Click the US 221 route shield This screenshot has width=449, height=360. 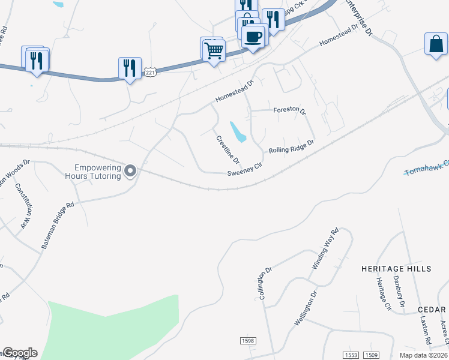coord(150,72)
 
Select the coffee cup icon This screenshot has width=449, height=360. coord(253,37)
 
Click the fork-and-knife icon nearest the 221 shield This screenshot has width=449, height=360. coord(130,68)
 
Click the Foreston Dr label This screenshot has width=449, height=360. coord(289,110)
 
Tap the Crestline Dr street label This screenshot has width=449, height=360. coord(228,150)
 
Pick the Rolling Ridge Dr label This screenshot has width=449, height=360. coord(291,147)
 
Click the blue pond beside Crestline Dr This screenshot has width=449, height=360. coord(238,133)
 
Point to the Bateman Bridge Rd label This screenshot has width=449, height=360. coord(58,225)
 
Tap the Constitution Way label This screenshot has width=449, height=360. coord(25,205)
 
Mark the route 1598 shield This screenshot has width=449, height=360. coord(248,340)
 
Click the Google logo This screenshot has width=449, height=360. coord(20,353)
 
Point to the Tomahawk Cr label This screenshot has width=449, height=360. coord(426,168)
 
